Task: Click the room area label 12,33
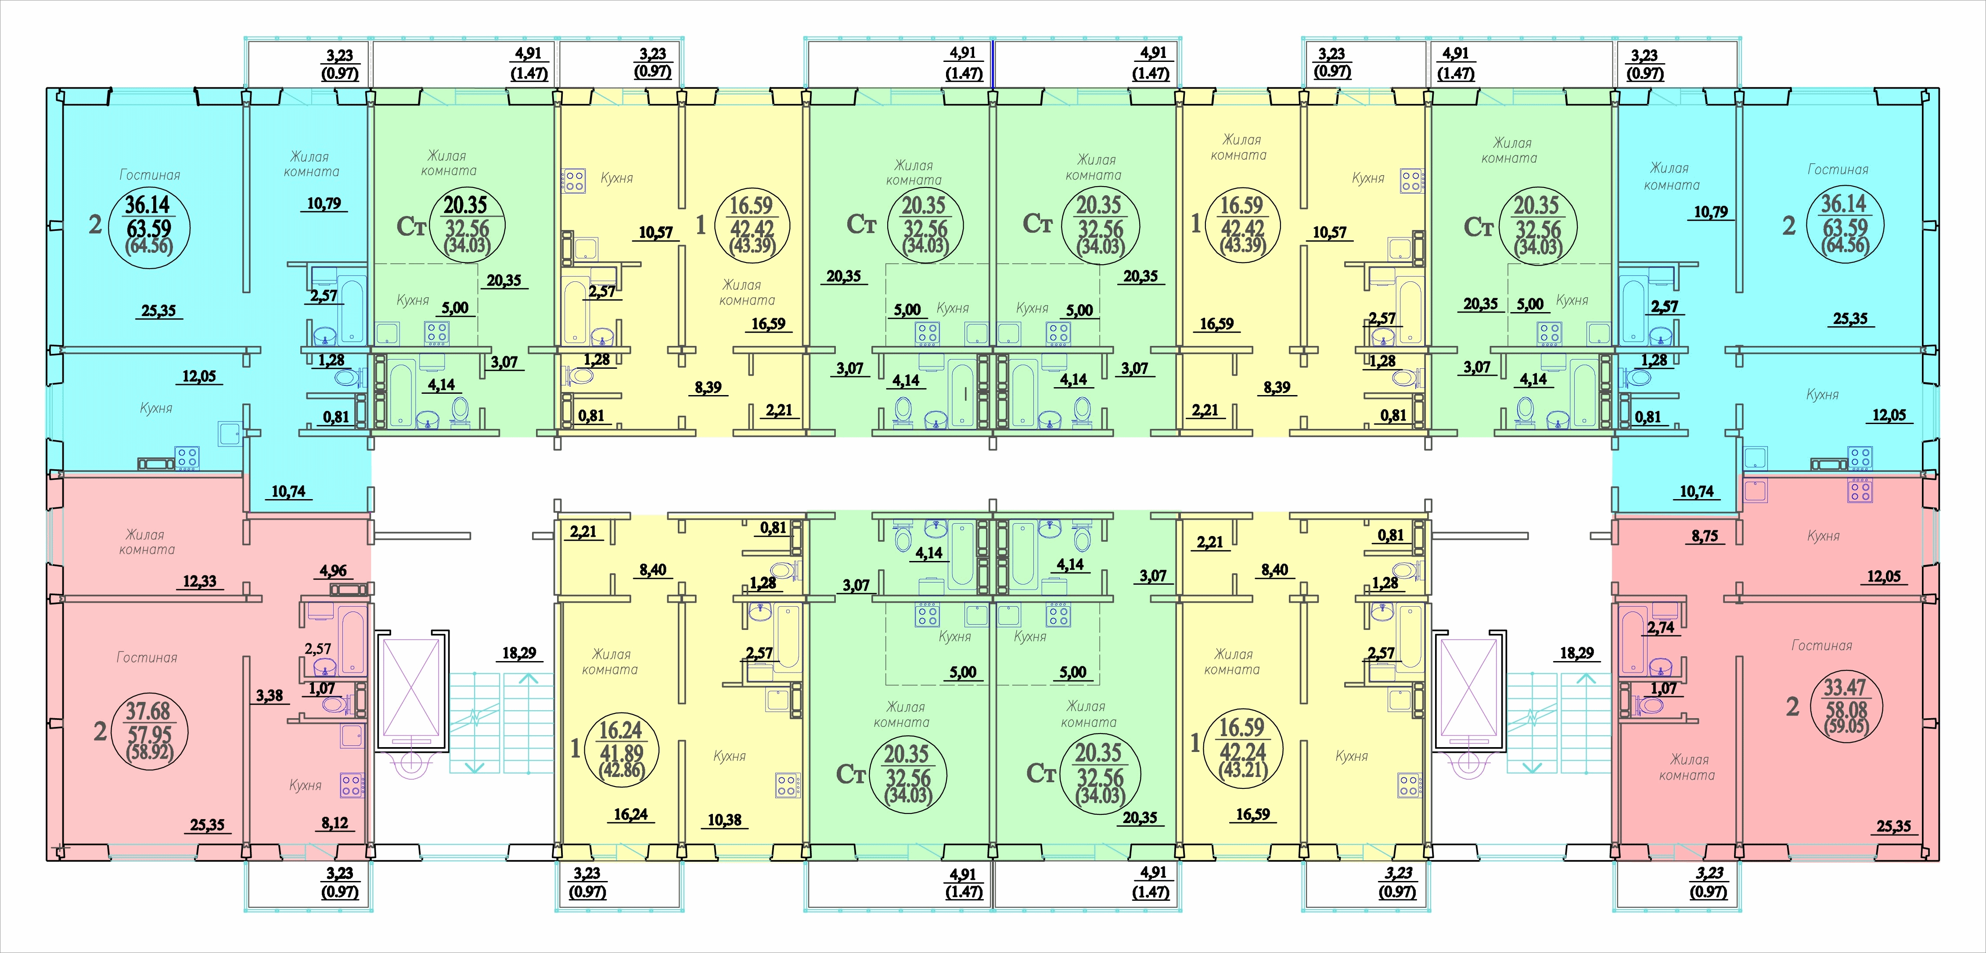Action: click(200, 581)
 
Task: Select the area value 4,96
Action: click(333, 571)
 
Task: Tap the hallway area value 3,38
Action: click(269, 695)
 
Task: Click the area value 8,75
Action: click(1705, 536)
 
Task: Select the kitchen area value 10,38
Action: click(725, 820)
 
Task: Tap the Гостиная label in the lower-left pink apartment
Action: click(147, 658)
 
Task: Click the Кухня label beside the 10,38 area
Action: click(729, 756)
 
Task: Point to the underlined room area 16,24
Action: click(631, 814)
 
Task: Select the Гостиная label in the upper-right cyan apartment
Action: click(1838, 169)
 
